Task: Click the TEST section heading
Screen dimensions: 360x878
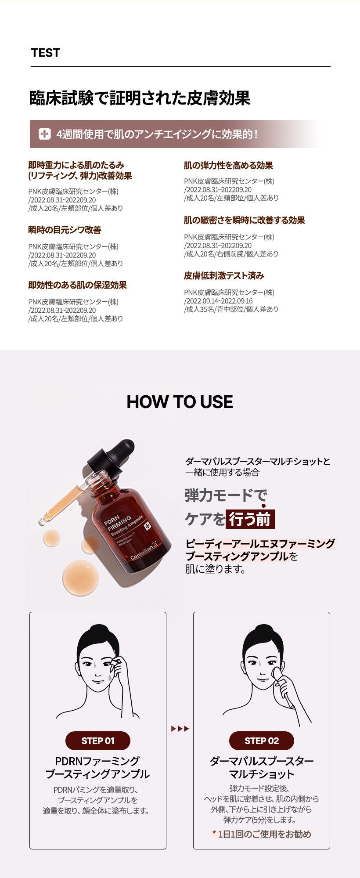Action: point(45,53)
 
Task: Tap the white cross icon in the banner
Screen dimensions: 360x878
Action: point(44,134)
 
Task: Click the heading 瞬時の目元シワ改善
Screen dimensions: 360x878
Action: point(65,230)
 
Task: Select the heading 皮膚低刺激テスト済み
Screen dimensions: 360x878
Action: point(224,275)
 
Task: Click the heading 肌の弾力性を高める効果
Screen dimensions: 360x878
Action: point(228,165)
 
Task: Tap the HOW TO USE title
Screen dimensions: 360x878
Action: point(180,401)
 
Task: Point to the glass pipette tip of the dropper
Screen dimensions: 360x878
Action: point(43,521)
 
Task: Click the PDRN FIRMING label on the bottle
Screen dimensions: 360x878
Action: point(118,522)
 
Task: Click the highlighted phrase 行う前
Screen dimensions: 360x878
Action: point(250,519)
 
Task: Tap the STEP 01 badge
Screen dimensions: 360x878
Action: point(98,741)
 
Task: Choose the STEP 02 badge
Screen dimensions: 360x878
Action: point(262,741)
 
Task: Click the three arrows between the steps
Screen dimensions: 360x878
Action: point(180,729)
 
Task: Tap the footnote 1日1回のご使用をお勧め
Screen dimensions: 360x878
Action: point(262,834)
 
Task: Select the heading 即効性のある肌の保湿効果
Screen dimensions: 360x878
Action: point(78,285)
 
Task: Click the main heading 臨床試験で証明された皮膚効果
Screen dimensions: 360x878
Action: point(140,98)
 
